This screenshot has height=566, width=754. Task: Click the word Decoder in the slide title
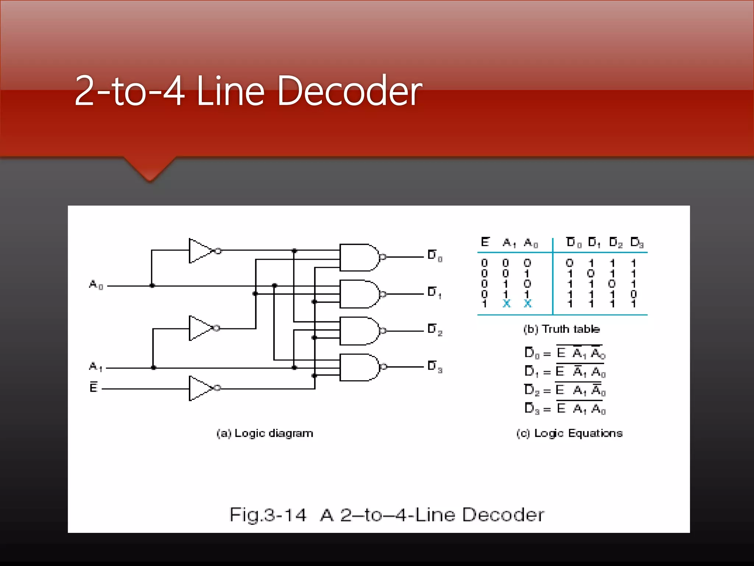click(349, 91)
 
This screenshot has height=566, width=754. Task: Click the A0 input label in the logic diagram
click(96, 285)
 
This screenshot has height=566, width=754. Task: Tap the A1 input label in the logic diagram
click(96, 366)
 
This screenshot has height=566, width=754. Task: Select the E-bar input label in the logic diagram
click(94, 387)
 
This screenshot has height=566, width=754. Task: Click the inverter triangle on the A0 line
click(200, 251)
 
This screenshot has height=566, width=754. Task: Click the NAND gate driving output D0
click(359, 257)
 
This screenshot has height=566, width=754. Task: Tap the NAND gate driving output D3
click(359, 367)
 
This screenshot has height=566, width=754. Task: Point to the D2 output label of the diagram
click(435, 329)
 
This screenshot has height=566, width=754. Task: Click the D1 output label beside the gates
click(434, 293)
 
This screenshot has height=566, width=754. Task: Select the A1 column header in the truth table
click(509, 243)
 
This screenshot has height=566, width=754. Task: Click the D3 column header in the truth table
click(637, 243)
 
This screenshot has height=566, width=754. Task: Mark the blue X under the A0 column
click(528, 304)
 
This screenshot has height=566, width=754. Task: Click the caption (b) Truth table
click(561, 329)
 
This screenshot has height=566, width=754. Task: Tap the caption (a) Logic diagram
click(265, 433)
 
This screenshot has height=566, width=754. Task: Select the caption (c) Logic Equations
click(569, 433)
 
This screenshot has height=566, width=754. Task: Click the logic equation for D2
click(565, 390)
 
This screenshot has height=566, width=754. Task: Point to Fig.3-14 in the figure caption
click(268, 515)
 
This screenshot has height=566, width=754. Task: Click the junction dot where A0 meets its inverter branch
click(152, 286)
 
